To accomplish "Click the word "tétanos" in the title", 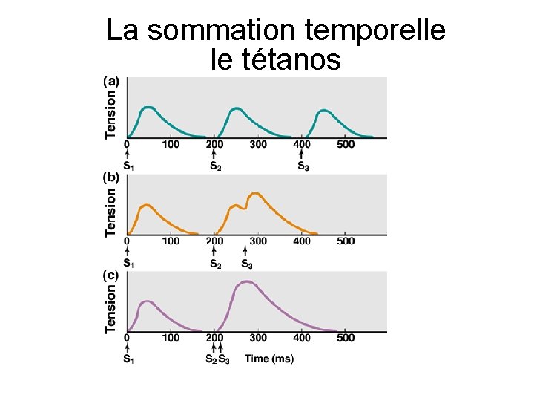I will coord(276,59).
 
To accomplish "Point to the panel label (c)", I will coord(109,274).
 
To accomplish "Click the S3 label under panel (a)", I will coord(303,166).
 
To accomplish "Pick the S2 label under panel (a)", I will coord(215,166).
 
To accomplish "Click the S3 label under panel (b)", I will coord(247,263).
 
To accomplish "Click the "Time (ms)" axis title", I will coord(269,359).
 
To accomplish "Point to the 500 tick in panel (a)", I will coord(346,144).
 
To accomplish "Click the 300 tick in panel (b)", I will coord(258,241).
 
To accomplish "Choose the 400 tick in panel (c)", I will coord(302,338).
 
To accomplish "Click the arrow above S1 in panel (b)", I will coord(128,251).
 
